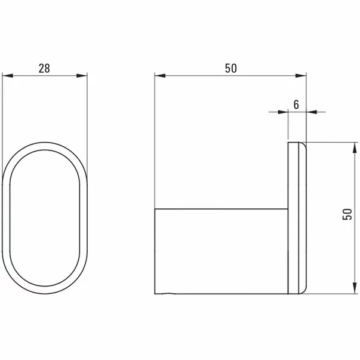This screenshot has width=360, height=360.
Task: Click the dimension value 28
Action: tap(44, 67)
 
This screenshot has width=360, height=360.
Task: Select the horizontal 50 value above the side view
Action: tap(231, 67)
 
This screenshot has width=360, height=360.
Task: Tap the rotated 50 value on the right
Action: tap(346, 218)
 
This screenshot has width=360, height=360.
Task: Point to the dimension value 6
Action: tap(297, 103)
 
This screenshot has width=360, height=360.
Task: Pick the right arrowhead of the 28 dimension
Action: tap(84, 75)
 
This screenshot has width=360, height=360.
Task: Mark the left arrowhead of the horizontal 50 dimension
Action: tap(159, 75)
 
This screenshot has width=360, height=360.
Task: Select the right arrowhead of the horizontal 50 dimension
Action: tap(303, 75)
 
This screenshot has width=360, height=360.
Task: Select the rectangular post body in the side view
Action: tap(221, 251)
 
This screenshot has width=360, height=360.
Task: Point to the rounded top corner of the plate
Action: tap(303, 145)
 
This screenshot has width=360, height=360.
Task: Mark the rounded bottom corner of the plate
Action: tap(303, 292)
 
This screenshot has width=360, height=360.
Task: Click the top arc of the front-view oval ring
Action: tap(45, 145)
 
